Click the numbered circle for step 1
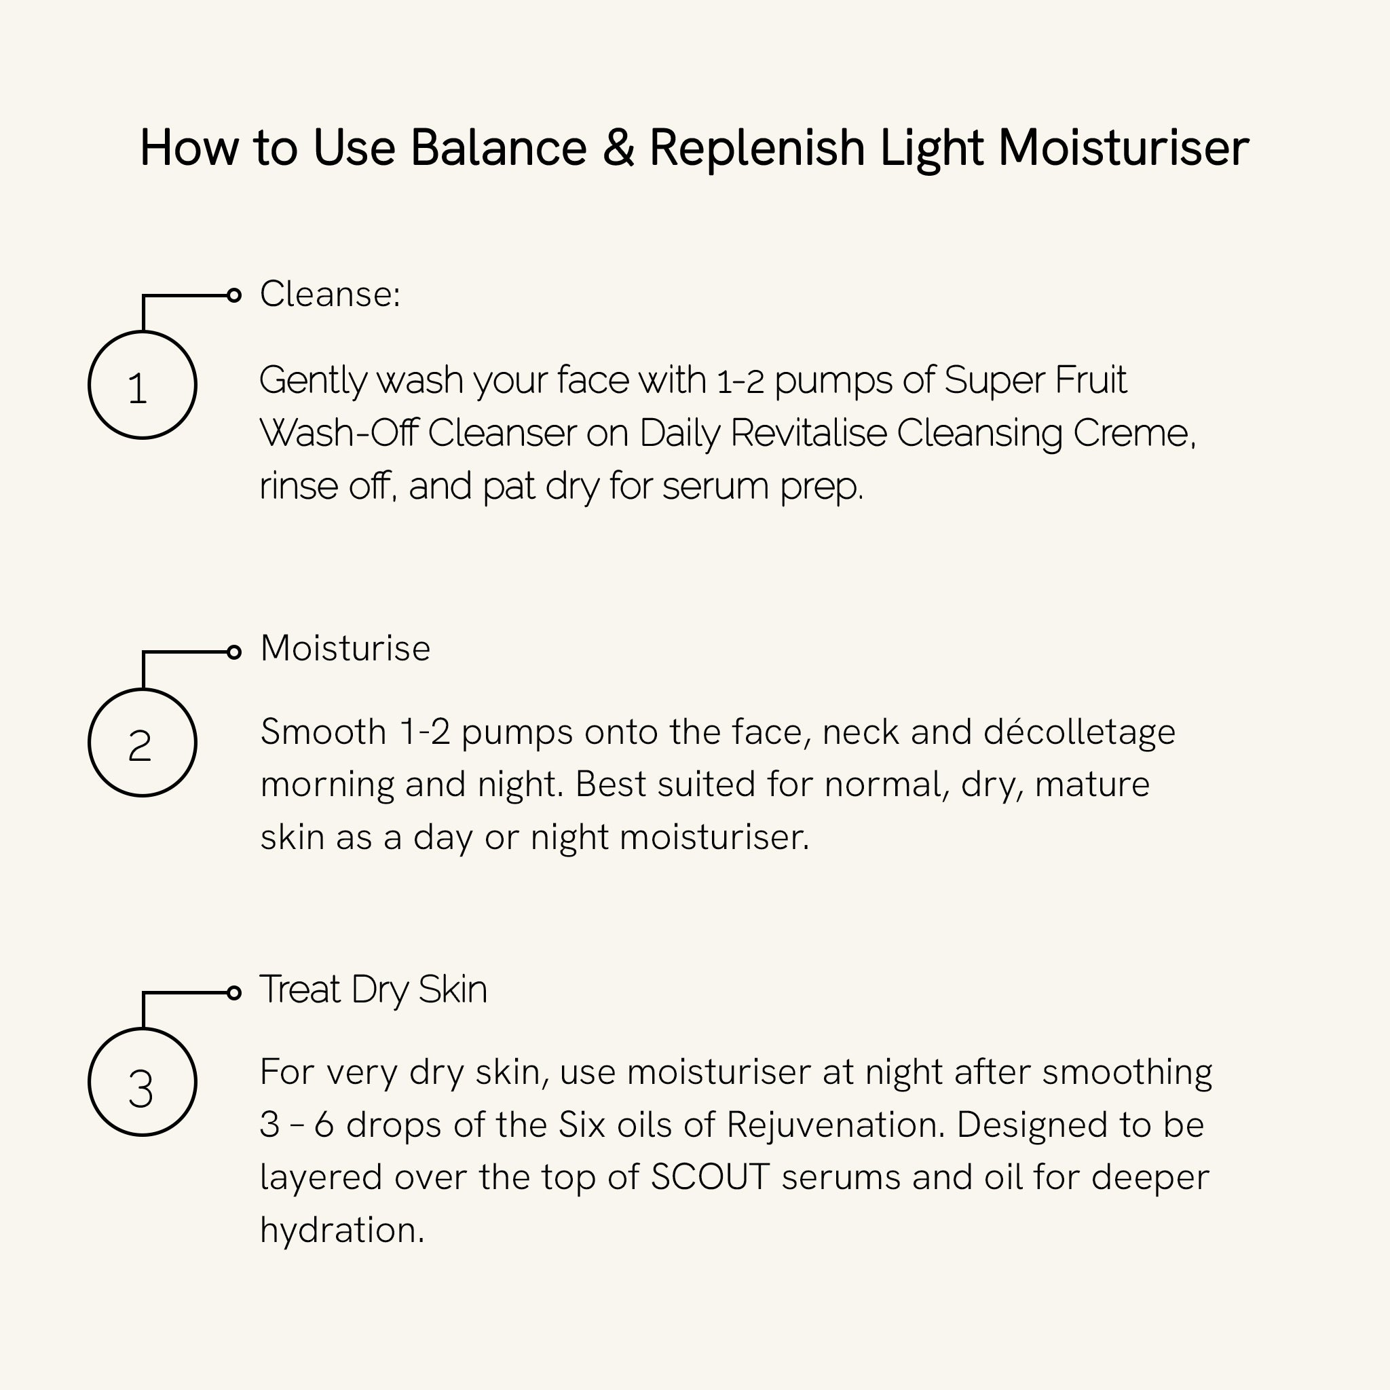point(143,385)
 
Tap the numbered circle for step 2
point(143,743)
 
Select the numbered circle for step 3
point(143,1082)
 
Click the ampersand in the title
point(618,148)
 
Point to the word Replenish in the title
point(757,149)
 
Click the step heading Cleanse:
point(329,295)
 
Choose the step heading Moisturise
point(345,648)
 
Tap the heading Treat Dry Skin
point(373,990)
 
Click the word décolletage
point(1079,732)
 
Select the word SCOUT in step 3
point(710,1178)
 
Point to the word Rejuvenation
point(835,1125)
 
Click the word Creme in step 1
point(1133,433)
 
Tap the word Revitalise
point(808,433)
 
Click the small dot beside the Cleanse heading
point(234,295)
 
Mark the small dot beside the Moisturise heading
point(234,652)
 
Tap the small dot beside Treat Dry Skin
point(234,993)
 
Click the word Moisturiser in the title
point(1124,148)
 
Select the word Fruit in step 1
point(1091,380)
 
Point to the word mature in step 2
point(1092,784)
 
